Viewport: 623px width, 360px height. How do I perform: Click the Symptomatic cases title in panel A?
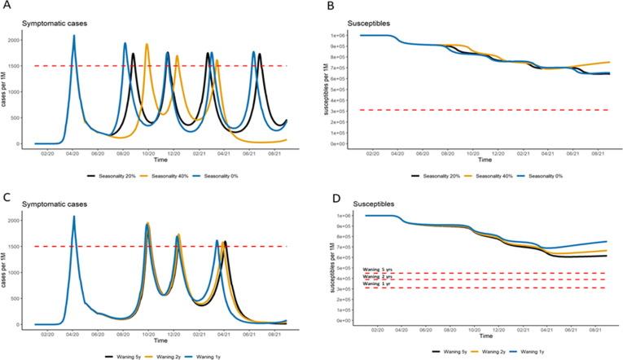coord(54,21)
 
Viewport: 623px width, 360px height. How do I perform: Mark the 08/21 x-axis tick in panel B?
coord(598,152)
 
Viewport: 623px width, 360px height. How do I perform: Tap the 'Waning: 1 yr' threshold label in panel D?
coord(376,283)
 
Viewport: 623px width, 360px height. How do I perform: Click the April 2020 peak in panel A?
coord(74,36)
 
